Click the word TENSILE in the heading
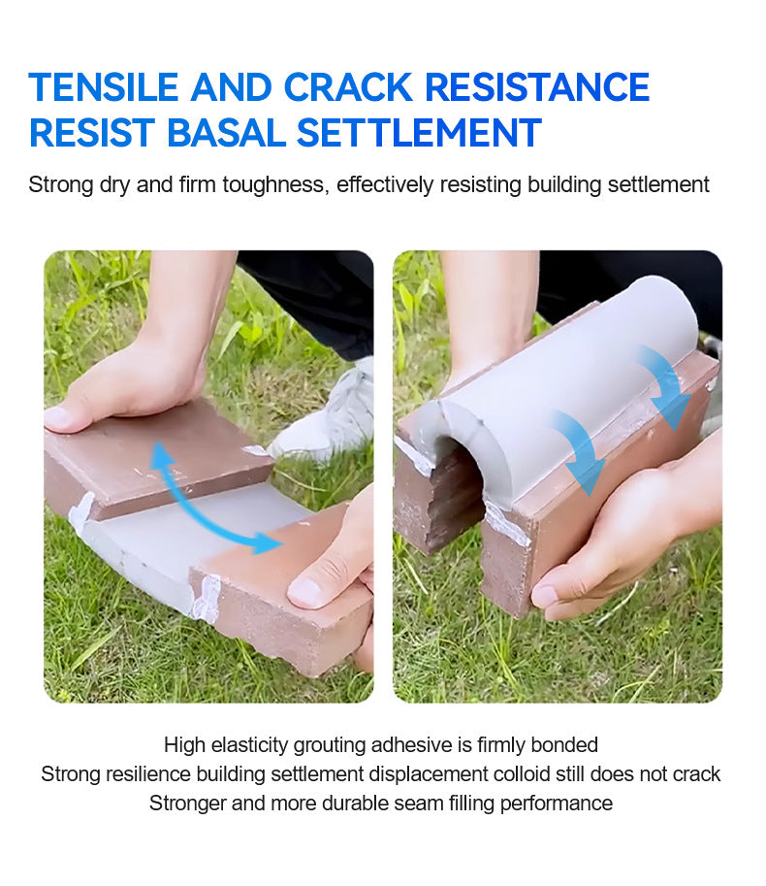tap(104, 87)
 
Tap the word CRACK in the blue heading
tap(348, 87)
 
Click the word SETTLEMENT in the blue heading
tap(419, 133)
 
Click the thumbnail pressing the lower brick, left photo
tap(303, 592)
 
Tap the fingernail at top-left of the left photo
tap(56, 418)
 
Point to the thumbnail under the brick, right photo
tap(544, 596)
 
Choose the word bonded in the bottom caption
tap(564, 745)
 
